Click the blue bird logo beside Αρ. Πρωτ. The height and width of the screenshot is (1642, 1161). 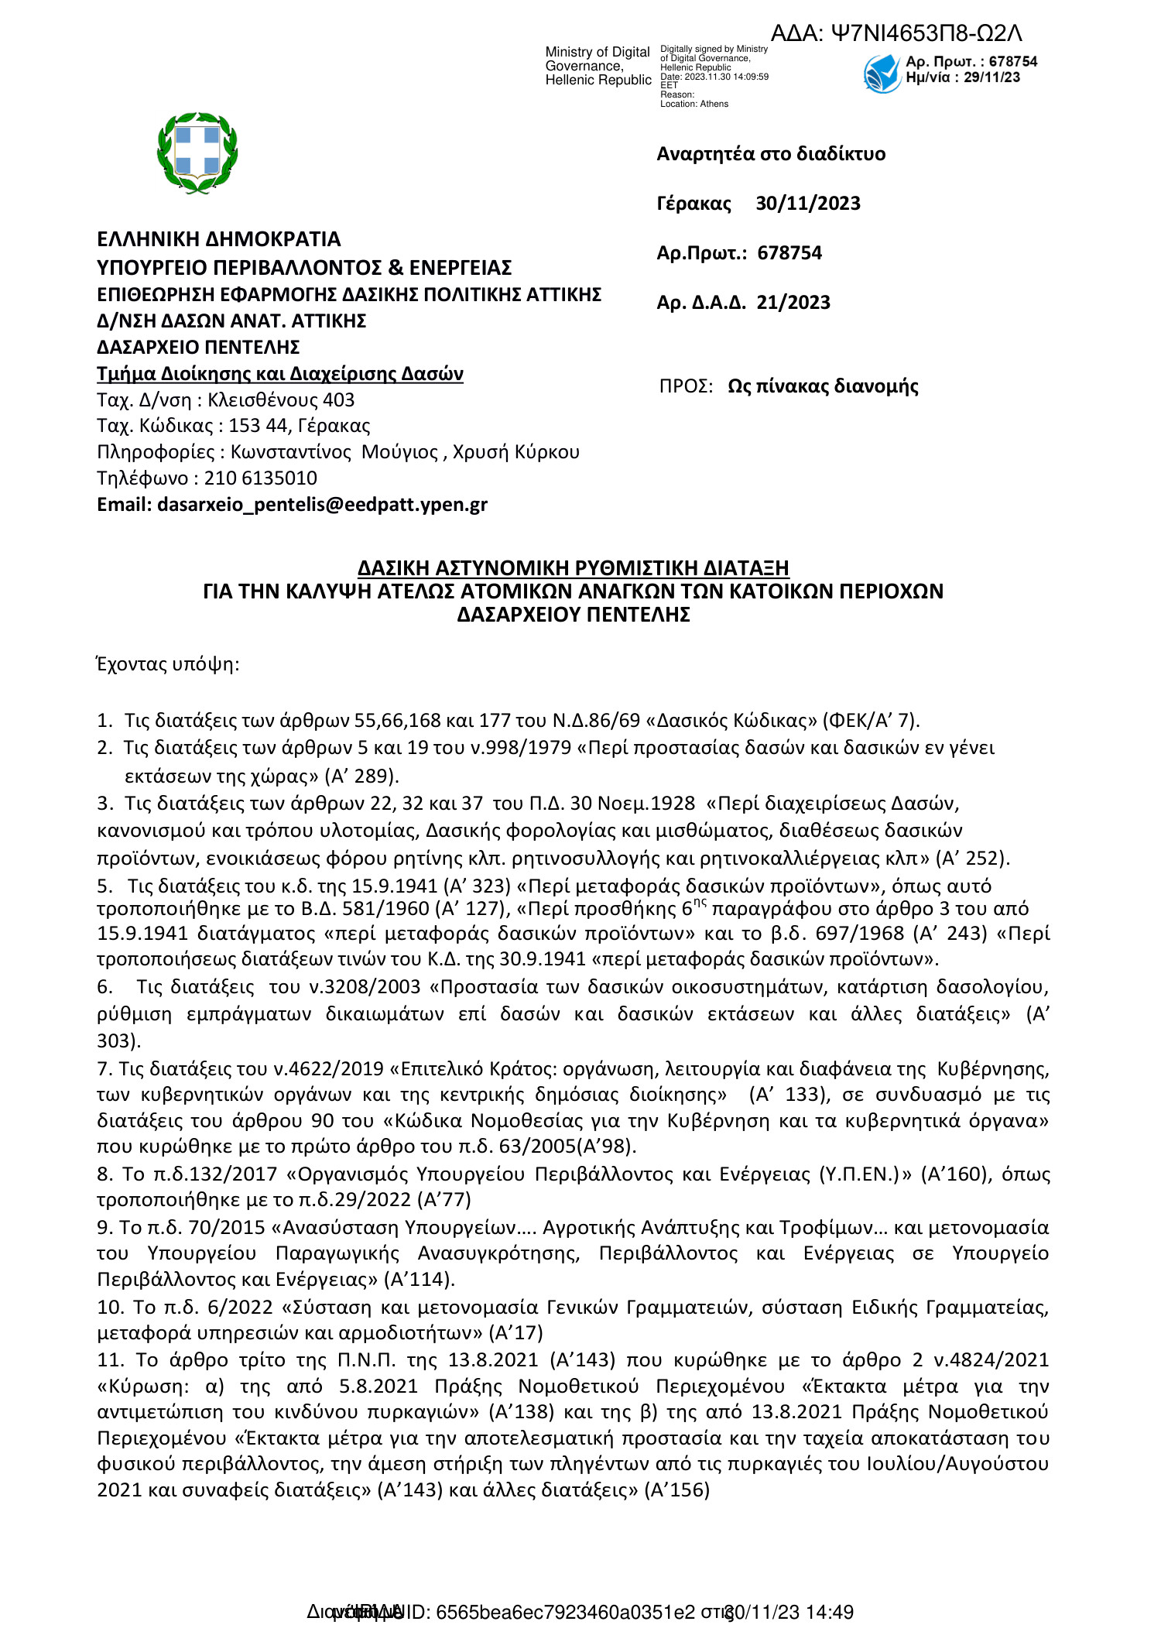tap(882, 74)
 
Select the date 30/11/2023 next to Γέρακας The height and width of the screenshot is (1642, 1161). tap(807, 204)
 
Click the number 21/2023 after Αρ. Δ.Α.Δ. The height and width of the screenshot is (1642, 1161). tap(793, 303)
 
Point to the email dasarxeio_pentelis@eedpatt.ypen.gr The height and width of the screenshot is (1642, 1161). tap(322, 505)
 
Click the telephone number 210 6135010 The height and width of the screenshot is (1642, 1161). tap(261, 478)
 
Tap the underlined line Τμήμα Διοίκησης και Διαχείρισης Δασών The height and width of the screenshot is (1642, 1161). tap(279, 374)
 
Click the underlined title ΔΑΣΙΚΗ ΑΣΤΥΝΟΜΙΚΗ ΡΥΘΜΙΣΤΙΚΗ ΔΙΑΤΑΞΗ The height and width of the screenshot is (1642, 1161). tap(573, 568)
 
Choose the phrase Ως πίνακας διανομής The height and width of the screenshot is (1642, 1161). tap(822, 386)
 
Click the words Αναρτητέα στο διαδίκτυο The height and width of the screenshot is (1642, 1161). tap(770, 154)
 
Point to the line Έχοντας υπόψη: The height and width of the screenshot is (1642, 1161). tap(167, 664)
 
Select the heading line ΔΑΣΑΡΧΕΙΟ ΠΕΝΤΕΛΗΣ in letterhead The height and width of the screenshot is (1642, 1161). tap(198, 348)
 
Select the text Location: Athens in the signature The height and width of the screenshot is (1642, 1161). tap(694, 104)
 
